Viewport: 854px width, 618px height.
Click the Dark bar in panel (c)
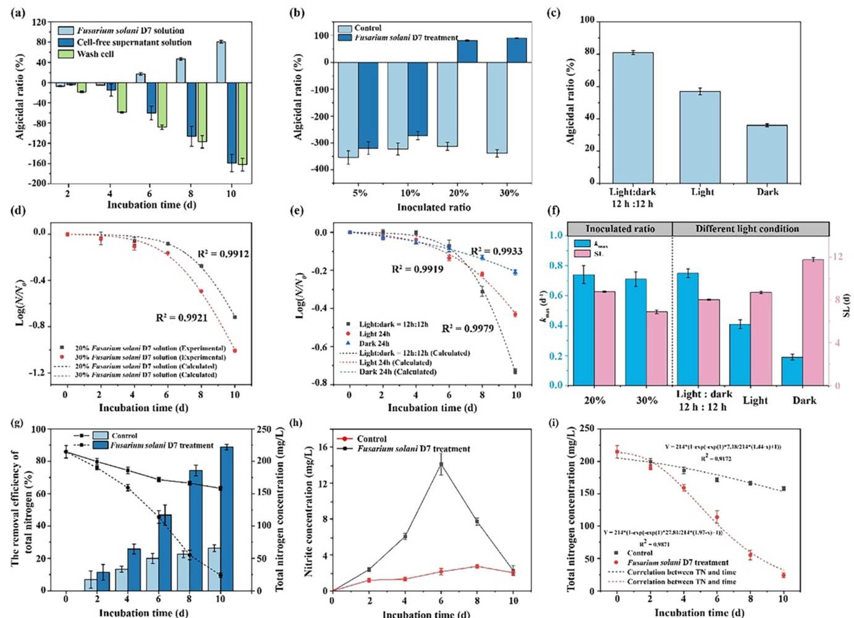[767, 154]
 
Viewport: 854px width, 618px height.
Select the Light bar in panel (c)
[700, 137]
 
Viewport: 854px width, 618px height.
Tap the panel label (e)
[297, 211]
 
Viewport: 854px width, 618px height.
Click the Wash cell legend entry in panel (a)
[95, 54]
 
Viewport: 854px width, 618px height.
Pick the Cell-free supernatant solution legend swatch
[66, 42]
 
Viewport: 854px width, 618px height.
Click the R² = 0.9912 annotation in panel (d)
[223, 254]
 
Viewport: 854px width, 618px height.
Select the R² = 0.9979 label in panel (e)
[468, 328]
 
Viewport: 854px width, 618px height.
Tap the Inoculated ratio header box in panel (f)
[620, 229]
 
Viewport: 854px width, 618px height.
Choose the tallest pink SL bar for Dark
[805, 322]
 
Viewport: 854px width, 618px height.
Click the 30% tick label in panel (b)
[509, 193]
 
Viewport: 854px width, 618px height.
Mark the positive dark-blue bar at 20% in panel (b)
[467, 51]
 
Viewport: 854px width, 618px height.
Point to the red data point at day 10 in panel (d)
[234, 350]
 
